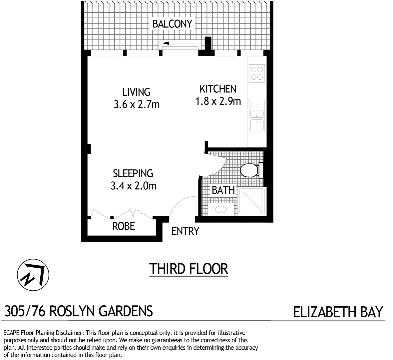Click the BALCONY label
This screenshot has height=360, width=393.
(172, 24)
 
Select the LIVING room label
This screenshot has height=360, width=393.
(136, 92)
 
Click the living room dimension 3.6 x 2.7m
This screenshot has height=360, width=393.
(137, 104)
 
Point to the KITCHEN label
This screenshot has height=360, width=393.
(218, 89)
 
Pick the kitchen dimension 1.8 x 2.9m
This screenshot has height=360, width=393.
(218, 101)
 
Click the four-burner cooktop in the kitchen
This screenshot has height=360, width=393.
(256, 74)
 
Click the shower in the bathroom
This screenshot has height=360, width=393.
(252, 201)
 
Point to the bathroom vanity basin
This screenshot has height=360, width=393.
(220, 210)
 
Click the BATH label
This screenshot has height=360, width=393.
(223, 190)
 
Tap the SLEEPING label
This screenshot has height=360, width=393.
(133, 173)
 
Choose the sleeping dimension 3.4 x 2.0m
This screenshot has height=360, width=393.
(133, 186)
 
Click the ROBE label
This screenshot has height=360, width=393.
(124, 226)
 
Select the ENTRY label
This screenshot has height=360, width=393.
(185, 231)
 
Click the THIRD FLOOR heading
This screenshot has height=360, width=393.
(189, 269)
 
